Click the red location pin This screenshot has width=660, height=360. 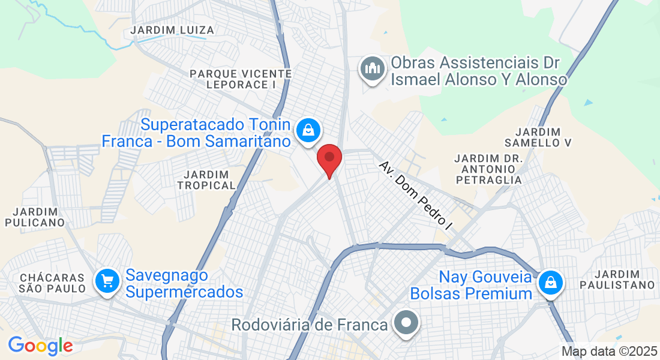pos(329,158)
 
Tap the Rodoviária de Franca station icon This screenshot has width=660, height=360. pos(406,322)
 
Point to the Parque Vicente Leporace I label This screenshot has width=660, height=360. pos(241,79)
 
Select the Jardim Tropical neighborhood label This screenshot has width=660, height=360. pos(206,179)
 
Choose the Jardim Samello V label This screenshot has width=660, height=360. pos(538,137)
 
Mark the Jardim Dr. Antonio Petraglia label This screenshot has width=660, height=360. pos(488,169)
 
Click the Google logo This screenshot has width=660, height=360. pos(40,345)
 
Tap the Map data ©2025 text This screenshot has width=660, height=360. pos(609,351)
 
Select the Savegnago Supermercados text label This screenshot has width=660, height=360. pos(184,284)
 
